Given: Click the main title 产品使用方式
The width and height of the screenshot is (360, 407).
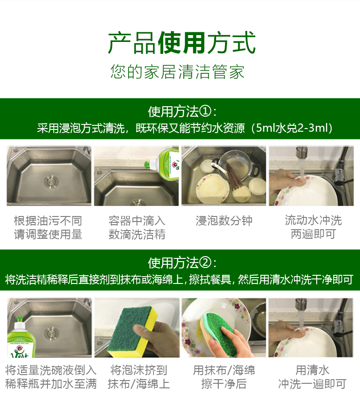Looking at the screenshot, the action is pos(182,43).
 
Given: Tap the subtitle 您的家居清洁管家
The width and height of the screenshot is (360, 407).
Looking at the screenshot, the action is pos(178,72).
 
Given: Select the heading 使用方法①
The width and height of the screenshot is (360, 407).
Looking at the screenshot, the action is pos(182,112).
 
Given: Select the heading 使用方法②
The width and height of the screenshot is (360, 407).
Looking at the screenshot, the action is pos(182,263).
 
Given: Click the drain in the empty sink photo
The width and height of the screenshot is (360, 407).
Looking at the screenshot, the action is pos(51,180).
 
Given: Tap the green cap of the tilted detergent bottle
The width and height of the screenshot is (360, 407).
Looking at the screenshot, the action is pos(148,164).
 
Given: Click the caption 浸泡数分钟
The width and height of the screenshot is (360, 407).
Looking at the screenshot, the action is pos(224,221).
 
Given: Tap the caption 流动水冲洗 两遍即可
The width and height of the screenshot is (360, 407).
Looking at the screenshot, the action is pos(313,227).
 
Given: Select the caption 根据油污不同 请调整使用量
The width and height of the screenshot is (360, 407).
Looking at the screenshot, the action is pos(48,227).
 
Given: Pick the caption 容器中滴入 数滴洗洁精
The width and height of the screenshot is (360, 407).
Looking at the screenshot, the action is pos(137,227).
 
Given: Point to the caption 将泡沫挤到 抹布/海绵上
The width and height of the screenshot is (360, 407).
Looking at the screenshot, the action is pos(139,377).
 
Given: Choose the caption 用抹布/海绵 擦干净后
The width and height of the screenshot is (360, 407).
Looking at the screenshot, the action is pos(224,377).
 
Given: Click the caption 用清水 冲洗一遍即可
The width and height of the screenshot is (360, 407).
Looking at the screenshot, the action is pos(313,377).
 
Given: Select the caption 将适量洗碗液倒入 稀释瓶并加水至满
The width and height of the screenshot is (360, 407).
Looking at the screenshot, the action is pos(51,377).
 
